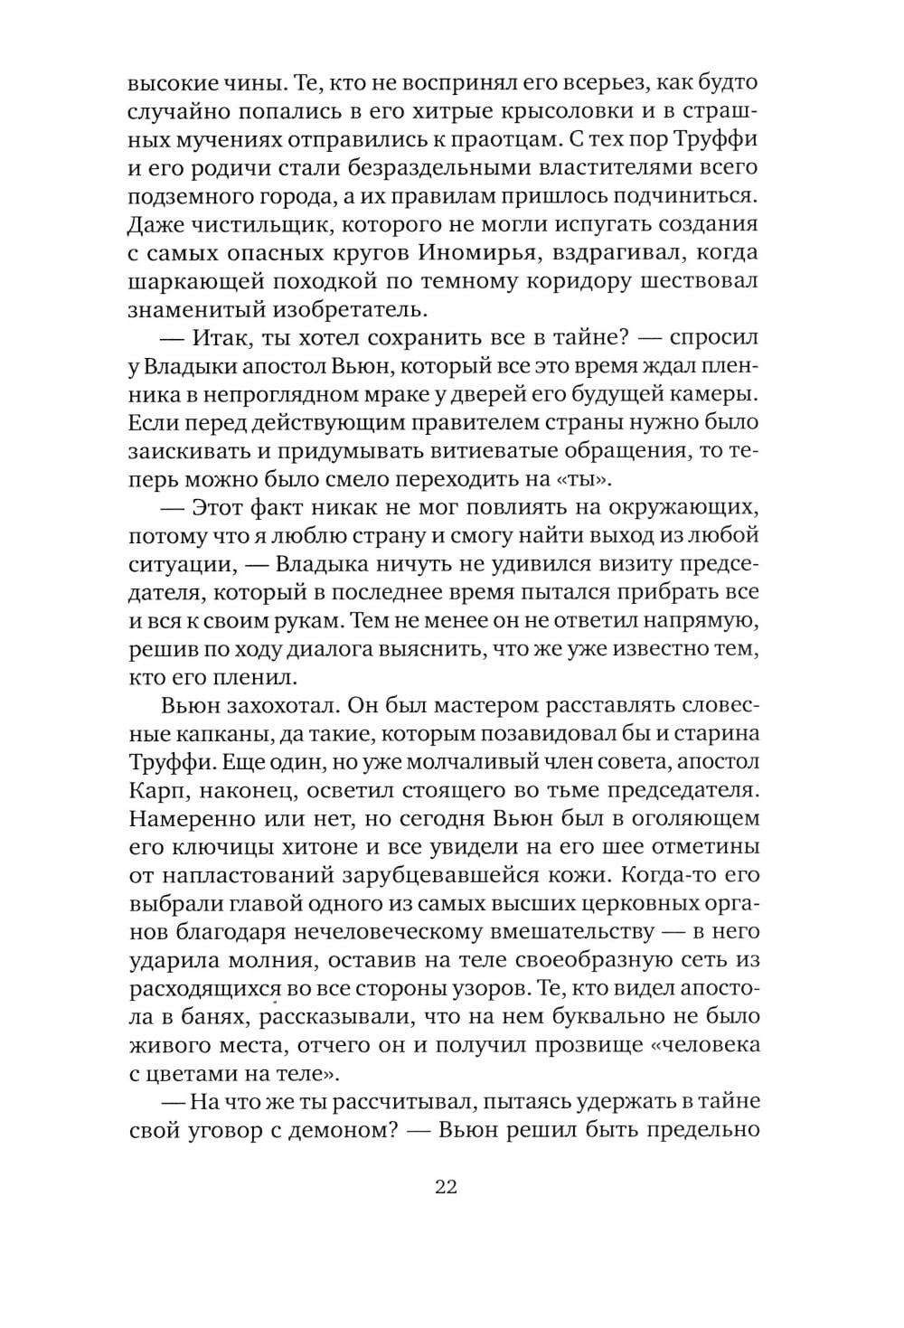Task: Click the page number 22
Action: [x=446, y=1187]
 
